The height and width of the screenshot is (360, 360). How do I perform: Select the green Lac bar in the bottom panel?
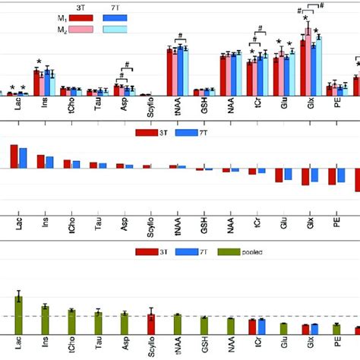pyautogui.click(x=18, y=313)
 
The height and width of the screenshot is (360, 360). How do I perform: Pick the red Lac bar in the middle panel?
pyautogui.click(x=14, y=156)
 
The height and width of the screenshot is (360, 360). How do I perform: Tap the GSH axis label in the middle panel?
pyautogui.click(x=204, y=226)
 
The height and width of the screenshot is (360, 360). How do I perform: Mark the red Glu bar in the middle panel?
pyautogui.click(x=279, y=175)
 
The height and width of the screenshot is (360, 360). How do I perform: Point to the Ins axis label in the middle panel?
pyautogui.click(x=45, y=226)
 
